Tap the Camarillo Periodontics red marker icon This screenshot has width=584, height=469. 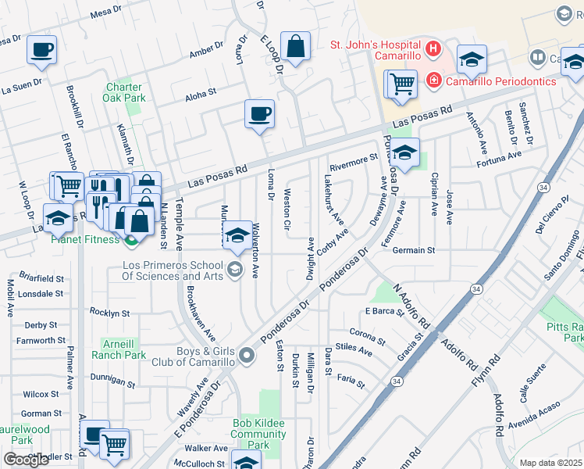(432, 81)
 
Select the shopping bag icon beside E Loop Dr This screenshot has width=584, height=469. (296, 47)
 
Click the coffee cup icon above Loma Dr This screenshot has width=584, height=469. (259, 114)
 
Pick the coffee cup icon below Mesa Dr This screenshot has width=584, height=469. (42, 50)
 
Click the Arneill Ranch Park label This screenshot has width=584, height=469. (124, 349)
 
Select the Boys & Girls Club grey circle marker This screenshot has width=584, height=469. (247, 356)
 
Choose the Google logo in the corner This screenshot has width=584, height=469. (26, 460)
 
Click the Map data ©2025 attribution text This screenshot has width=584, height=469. (550, 463)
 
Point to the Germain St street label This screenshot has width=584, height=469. (413, 250)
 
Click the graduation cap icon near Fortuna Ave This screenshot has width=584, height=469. (404, 153)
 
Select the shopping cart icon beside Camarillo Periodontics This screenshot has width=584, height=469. (401, 82)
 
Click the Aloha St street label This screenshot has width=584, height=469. (200, 94)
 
